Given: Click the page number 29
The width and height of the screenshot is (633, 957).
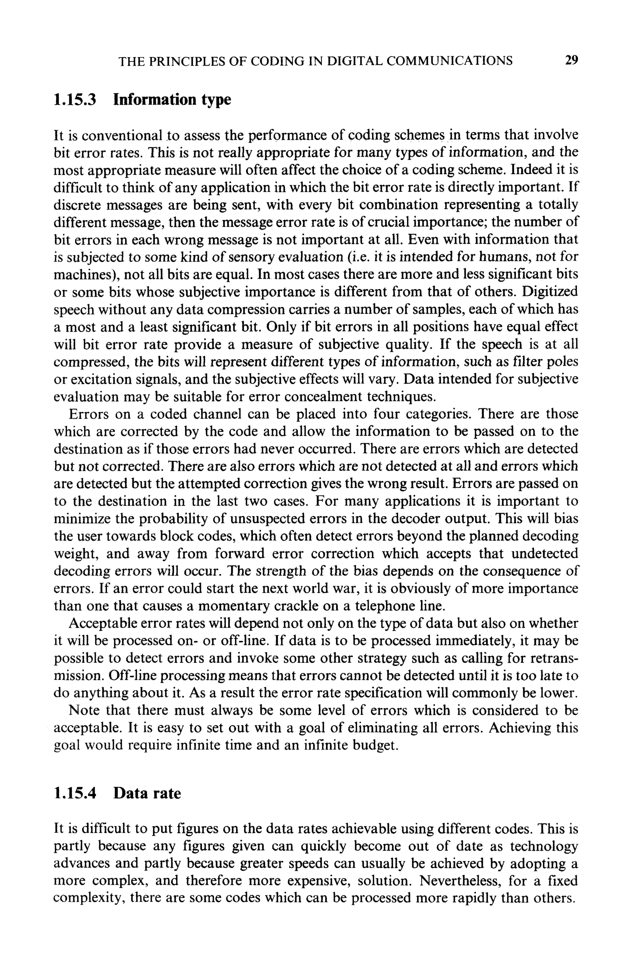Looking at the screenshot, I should click(571, 61).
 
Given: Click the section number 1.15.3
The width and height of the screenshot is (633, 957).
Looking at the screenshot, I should click(75, 99).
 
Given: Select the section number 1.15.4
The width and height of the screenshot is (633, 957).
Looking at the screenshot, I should click(75, 793).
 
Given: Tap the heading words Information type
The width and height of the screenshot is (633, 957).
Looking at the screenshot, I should click(172, 99).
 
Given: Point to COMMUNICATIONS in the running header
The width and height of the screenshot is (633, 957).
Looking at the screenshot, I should click(449, 61).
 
